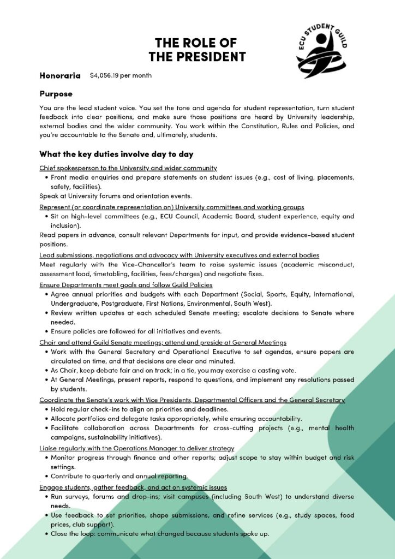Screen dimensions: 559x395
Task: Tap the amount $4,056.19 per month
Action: tap(121, 75)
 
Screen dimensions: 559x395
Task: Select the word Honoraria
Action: tap(60, 75)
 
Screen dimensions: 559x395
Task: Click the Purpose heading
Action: tap(56, 94)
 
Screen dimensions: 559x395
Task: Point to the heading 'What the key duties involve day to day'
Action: tap(116, 154)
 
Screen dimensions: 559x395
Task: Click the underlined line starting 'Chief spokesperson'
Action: tap(128, 168)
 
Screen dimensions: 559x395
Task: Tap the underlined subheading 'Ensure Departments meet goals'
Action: tap(126, 285)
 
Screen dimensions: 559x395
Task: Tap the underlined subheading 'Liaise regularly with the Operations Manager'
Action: tap(137, 448)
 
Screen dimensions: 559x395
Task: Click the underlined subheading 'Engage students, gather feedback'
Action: tap(133, 486)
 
